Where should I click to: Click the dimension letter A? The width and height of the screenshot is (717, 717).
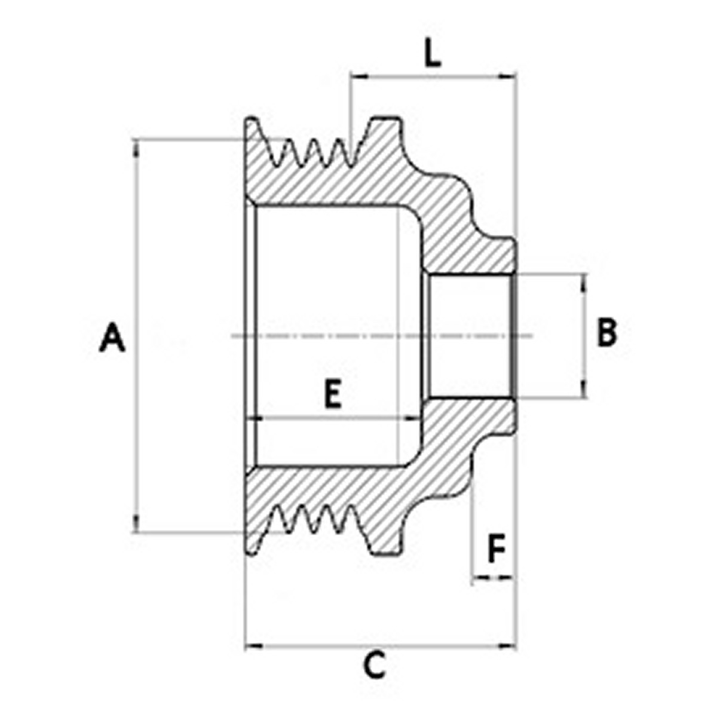pyautogui.click(x=112, y=337)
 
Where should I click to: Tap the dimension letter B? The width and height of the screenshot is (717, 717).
pyautogui.click(x=607, y=332)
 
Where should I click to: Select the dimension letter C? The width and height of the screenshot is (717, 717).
pyautogui.click(x=375, y=665)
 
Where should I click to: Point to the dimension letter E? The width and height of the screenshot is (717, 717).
pyautogui.click(x=333, y=394)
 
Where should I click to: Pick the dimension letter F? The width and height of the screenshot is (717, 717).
pyautogui.click(x=497, y=548)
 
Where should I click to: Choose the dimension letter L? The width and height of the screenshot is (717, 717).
pyautogui.click(x=433, y=54)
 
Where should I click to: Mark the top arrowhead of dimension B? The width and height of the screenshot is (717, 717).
pyautogui.click(x=583, y=283)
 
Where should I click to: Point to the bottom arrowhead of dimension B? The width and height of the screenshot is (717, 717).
pyautogui.click(x=583, y=389)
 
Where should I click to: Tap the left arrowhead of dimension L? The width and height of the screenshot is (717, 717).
pyautogui.click(x=360, y=76)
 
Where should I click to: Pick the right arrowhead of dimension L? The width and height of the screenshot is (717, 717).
pyautogui.click(x=507, y=76)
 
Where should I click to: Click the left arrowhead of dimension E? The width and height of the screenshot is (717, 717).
pyautogui.click(x=255, y=419)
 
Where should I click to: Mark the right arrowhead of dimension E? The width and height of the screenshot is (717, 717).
pyautogui.click(x=412, y=419)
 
